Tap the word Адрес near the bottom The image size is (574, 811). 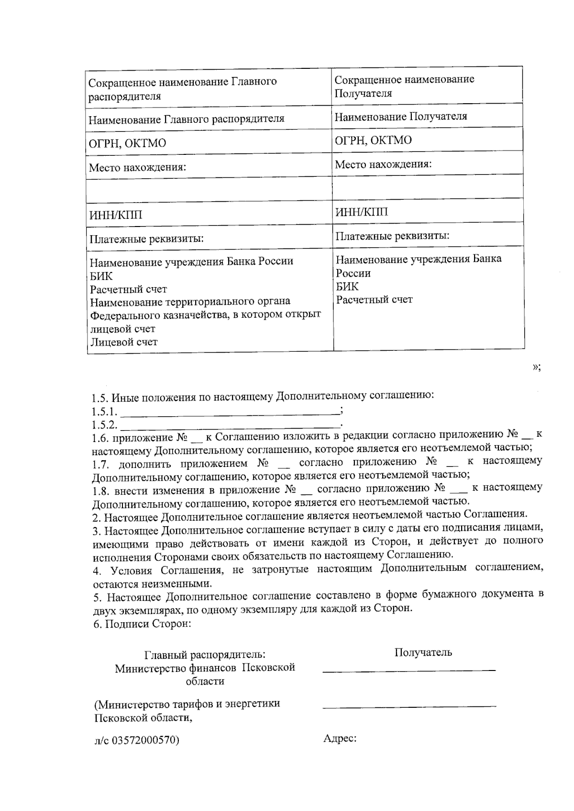point(340,738)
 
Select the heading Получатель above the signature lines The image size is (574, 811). point(423,652)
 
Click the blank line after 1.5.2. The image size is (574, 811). point(230,424)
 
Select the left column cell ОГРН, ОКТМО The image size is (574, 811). point(128,143)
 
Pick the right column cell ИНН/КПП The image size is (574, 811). point(362,212)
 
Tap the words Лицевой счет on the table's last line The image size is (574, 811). point(124,342)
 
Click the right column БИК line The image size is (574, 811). point(347,286)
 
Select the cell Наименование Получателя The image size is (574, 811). point(401,116)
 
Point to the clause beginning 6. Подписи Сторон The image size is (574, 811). point(142,624)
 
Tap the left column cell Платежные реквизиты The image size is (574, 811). point(146,238)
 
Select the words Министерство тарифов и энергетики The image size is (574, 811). point(187,704)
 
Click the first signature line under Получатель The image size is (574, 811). point(409,671)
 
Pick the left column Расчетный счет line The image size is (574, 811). point(129,289)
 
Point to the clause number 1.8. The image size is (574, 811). point(101,490)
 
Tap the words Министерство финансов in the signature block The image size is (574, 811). point(176,668)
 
